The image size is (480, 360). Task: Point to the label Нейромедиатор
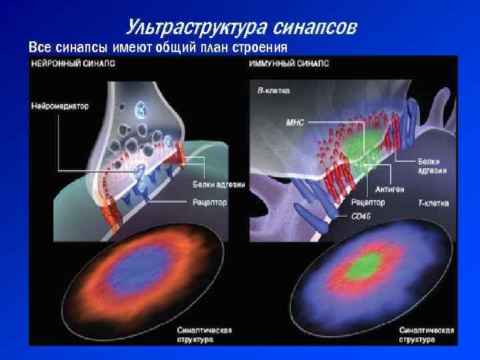pos(59,106)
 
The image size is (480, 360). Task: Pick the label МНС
pos(295,123)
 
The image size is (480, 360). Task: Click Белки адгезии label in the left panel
pos(219,185)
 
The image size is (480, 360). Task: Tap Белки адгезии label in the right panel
pos(433,166)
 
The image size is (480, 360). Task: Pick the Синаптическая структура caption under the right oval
pos(426,334)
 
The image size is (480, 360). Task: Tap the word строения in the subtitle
pos(261,48)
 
